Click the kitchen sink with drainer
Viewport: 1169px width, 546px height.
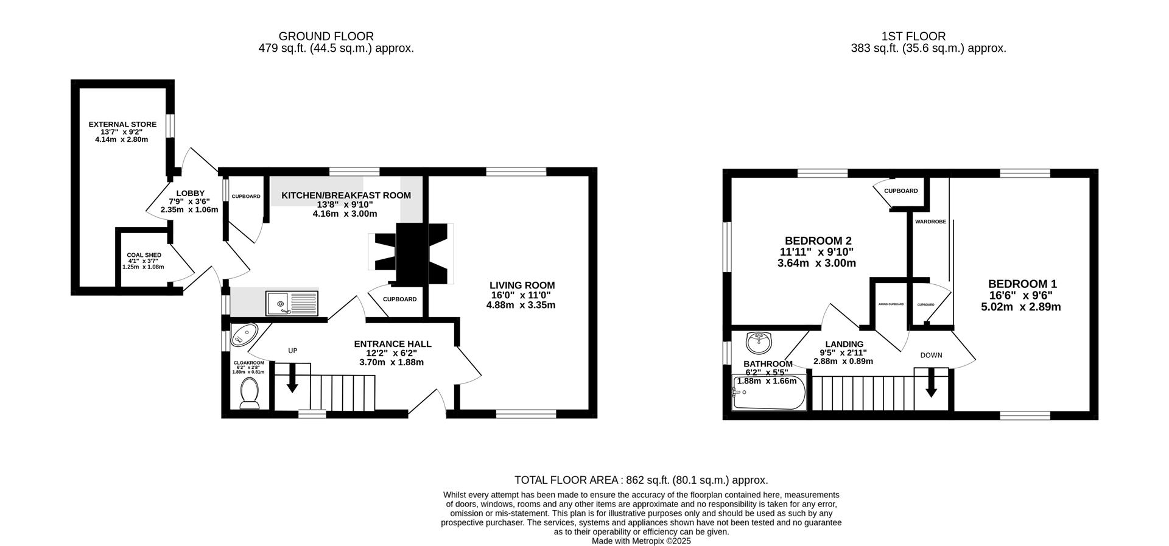(292, 303)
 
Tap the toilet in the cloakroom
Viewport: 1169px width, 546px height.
(250, 393)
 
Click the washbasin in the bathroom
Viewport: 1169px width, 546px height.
(759, 342)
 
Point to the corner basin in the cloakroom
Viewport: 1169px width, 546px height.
(245, 335)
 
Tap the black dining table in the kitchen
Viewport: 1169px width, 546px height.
(412, 253)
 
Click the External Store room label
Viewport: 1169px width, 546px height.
(122, 124)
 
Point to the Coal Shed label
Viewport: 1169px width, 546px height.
(144, 255)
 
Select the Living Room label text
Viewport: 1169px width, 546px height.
(522, 285)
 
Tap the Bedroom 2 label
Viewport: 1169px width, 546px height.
(818, 240)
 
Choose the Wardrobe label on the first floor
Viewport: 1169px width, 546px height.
(930, 222)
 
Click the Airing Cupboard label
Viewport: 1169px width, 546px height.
(890, 304)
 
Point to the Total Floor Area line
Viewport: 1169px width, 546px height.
(641, 480)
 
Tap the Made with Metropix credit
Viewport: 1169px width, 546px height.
(641, 541)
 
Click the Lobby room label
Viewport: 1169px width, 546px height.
(191, 194)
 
